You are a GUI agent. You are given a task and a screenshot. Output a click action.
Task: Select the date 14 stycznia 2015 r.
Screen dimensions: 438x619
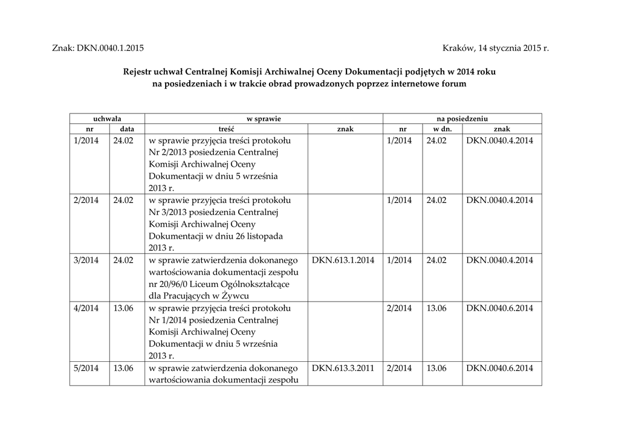[513, 47]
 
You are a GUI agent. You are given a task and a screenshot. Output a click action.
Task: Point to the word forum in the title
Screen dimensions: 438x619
[453, 84]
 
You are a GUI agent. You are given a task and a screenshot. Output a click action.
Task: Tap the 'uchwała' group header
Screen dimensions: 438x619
[107, 119]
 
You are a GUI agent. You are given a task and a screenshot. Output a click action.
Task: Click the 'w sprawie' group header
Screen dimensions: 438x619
[263, 119]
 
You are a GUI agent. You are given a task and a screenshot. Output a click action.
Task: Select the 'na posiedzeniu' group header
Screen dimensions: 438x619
[462, 119]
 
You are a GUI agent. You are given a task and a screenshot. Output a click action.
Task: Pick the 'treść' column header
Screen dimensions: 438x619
[226, 129]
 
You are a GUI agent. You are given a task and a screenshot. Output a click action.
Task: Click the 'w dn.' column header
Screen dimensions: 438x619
[442, 129]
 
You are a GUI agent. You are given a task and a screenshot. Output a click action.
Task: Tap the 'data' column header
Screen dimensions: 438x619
[127, 129]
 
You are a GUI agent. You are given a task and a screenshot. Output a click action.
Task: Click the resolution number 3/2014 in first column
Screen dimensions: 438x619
[86, 260]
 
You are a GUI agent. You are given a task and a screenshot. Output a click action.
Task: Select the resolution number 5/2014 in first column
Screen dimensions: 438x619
[86, 368]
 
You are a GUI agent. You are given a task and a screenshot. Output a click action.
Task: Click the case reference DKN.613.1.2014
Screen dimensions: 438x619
[343, 260]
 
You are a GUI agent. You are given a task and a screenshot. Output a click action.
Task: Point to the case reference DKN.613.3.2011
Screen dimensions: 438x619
[343, 368]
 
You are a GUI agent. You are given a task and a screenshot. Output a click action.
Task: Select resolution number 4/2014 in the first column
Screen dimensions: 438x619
[86, 308]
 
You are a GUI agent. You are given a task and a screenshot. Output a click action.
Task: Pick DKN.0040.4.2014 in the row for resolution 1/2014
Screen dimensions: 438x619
[499, 140]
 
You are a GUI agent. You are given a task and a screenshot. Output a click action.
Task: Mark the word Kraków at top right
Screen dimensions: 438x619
[459, 47]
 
